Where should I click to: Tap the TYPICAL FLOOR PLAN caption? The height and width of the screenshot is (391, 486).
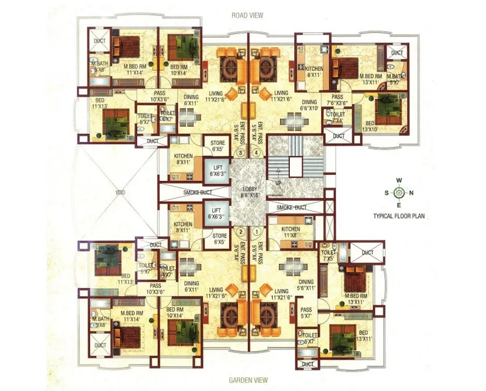click(399, 216)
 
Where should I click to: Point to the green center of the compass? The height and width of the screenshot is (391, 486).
click(399, 192)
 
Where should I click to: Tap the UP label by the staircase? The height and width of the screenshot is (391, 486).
click(278, 183)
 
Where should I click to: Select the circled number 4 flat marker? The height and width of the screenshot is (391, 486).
click(256, 153)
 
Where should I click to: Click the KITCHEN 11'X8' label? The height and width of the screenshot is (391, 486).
click(290, 232)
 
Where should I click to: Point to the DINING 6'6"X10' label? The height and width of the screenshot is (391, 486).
click(310, 105)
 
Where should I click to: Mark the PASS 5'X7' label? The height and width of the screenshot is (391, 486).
click(306, 313)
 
